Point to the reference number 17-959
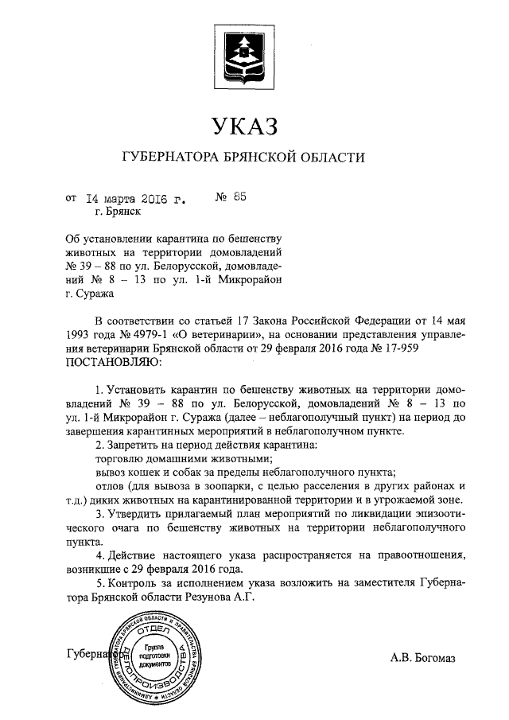coord(414,348)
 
